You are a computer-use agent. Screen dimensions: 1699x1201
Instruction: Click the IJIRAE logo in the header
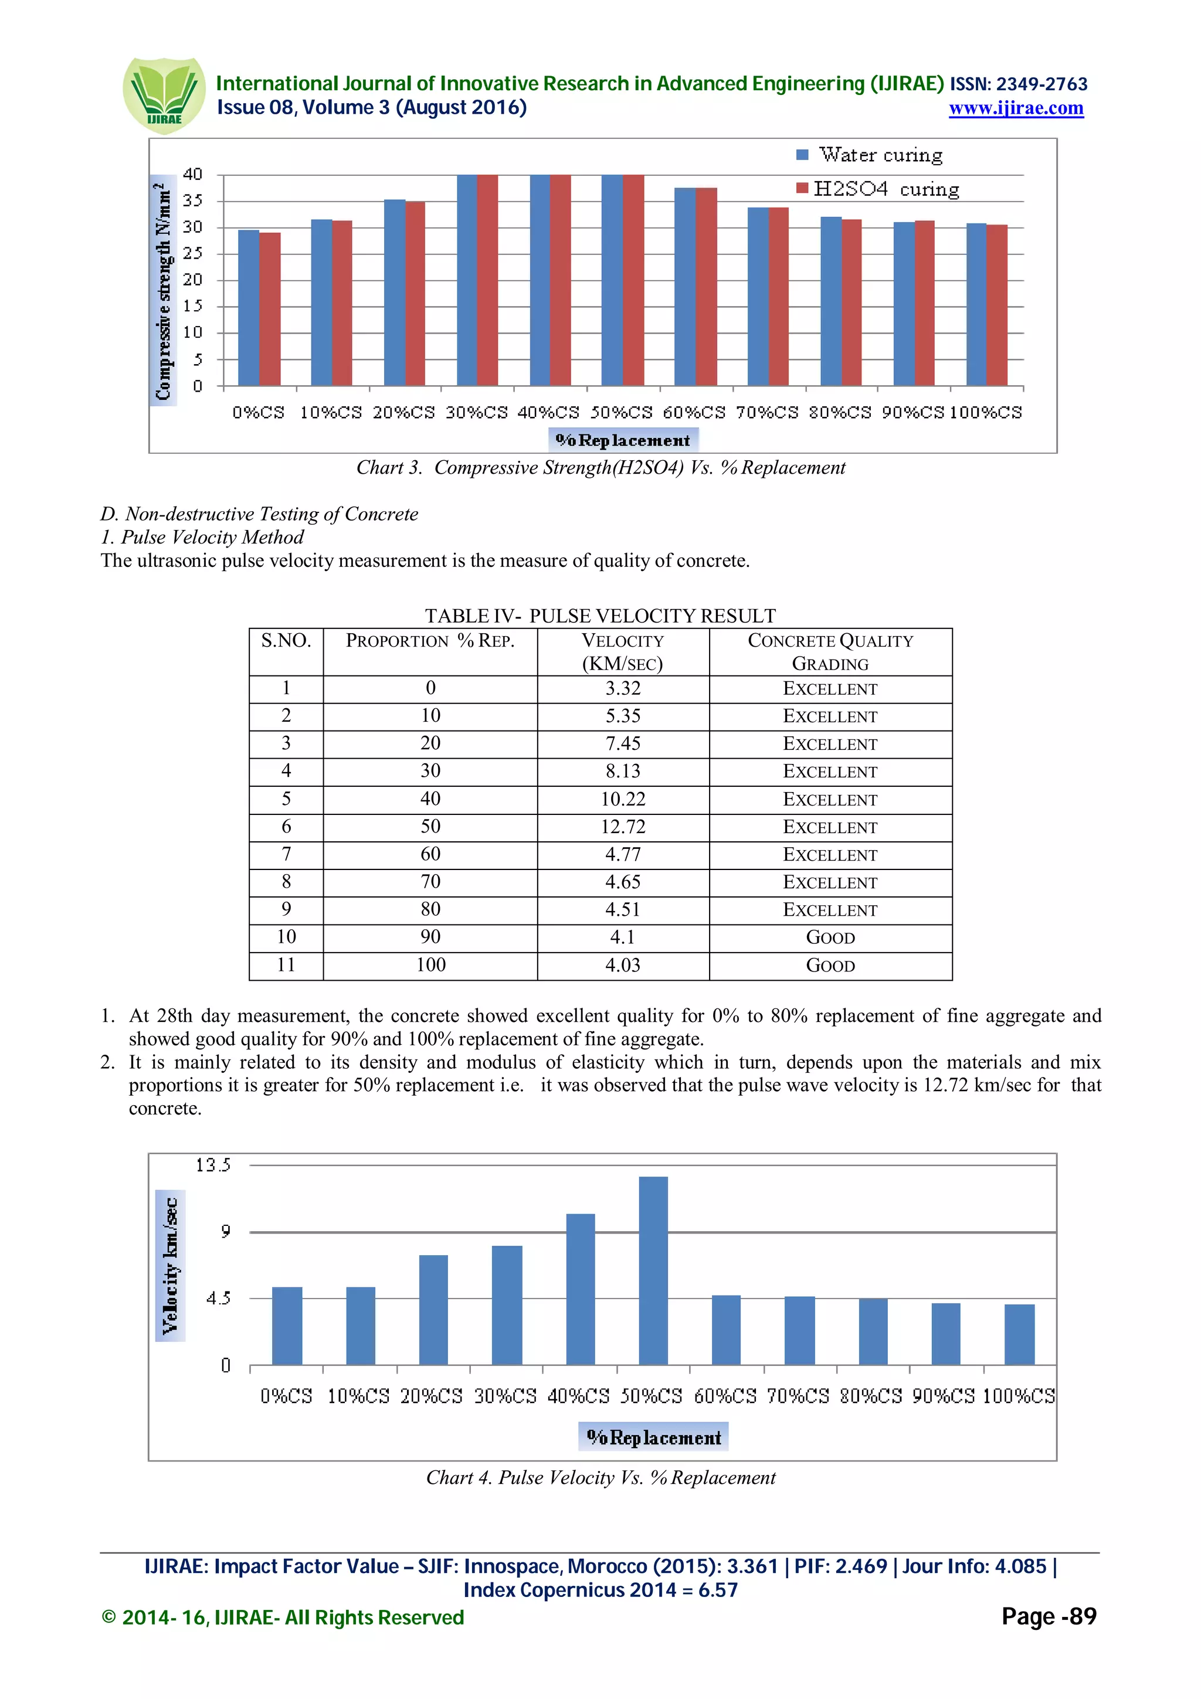click(x=164, y=96)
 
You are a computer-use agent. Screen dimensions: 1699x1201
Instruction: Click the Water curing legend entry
click(x=870, y=155)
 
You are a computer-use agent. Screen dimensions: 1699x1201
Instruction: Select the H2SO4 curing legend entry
click(x=878, y=189)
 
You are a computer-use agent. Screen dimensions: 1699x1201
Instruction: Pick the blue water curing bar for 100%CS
click(x=976, y=304)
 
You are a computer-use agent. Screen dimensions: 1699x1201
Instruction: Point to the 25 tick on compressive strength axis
click(x=192, y=254)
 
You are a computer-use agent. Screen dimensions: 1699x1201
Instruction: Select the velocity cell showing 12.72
click(x=622, y=827)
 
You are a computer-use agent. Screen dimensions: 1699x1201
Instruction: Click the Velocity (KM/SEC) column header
click(x=622, y=652)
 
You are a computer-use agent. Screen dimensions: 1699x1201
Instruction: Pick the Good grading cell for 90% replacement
click(x=830, y=937)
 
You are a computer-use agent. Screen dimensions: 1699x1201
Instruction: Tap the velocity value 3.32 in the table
click(x=622, y=688)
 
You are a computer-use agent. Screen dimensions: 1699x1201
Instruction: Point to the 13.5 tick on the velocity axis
click(x=213, y=1165)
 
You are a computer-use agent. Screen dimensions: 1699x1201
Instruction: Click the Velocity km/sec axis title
click(x=170, y=1265)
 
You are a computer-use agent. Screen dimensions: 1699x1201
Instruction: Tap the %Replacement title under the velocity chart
click(x=653, y=1437)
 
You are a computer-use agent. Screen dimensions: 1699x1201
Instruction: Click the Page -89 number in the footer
click(x=1048, y=1616)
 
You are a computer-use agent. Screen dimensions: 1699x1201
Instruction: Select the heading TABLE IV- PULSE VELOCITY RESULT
click(x=600, y=616)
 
